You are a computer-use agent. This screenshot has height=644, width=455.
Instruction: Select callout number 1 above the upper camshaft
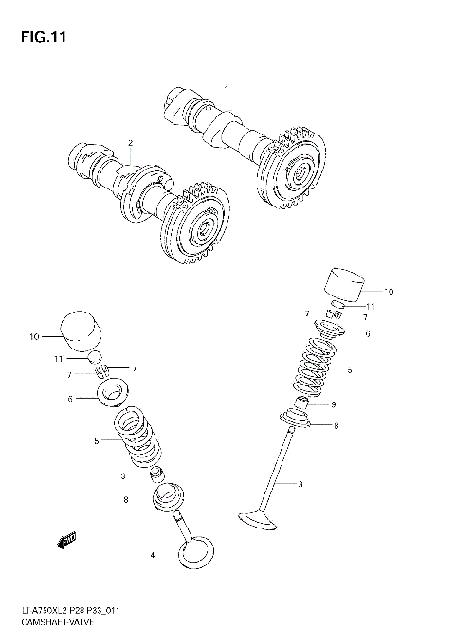click(x=227, y=89)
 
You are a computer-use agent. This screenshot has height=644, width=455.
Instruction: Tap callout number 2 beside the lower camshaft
click(x=131, y=143)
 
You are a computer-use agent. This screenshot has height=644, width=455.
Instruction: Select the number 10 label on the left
click(x=34, y=336)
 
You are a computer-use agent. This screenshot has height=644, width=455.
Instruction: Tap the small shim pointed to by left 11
click(x=96, y=357)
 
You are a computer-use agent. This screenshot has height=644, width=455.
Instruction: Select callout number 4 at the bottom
click(x=152, y=554)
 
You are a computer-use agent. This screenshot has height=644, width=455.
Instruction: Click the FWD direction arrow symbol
click(x=65, y=542)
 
